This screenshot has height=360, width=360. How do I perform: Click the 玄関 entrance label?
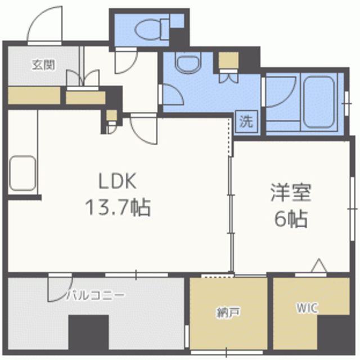(43, 65)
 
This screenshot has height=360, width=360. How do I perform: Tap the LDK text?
(118, 181)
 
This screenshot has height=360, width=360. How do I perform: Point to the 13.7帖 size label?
(118, 207)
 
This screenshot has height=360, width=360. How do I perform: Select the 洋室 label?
(291, 192)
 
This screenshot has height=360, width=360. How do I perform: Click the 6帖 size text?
(291, 218)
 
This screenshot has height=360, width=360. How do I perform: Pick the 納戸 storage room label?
(228, 312)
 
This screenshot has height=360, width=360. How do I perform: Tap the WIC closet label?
(307, 308)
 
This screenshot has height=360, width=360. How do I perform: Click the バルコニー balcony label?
(96, 295)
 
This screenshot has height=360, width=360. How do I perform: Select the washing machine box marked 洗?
(246, 121)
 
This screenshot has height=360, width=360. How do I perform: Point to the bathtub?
(318, 102)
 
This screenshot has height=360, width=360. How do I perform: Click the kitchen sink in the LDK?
(22, 173)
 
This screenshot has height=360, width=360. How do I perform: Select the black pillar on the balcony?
(88, 332)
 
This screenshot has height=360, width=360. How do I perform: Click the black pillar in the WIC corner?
(333, 332)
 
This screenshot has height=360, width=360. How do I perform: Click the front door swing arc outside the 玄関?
(39, 16)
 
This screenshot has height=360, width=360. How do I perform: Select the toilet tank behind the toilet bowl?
(165, 30)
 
